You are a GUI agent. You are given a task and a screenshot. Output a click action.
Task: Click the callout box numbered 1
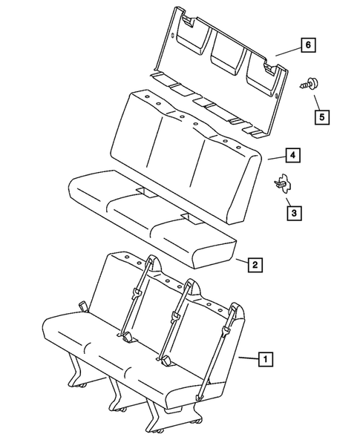coord(264,359)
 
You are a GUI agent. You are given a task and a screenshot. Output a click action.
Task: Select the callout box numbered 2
coord(255,264)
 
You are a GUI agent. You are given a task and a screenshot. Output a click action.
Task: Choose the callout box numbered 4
coord(294,156)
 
